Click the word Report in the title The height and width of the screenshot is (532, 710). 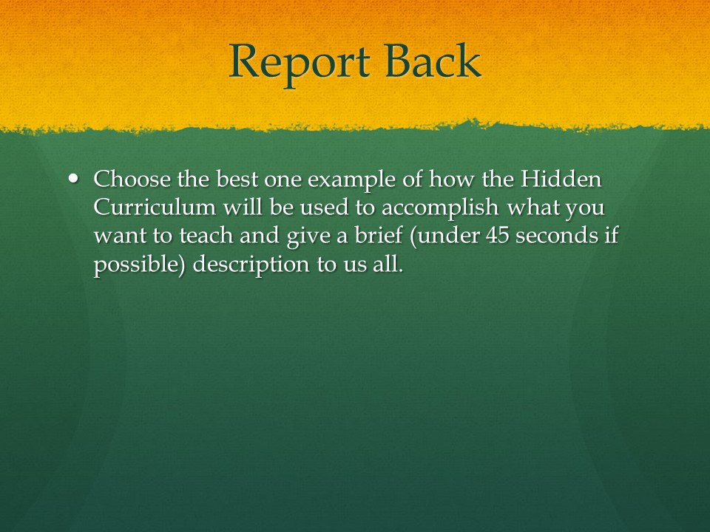[x=300, y=62]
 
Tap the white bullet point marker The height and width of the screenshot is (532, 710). [x=73, y=178]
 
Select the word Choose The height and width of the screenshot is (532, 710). [x=132, y=179]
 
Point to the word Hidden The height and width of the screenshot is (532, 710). [x=561, y=179]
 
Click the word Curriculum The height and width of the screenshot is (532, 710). [x=155, y=207]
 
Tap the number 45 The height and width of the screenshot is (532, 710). [x=498, y=236]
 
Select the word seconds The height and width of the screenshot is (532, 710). [x=557, y=236]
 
